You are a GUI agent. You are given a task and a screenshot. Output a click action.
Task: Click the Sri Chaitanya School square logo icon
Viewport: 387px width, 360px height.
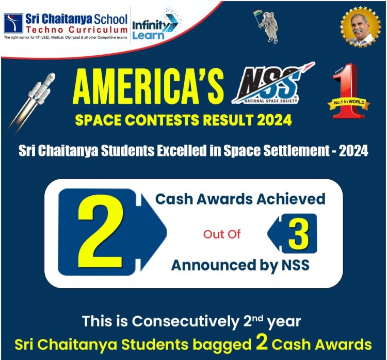tap(13, 23)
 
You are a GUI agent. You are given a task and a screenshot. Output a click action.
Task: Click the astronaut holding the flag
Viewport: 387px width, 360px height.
tap(267, 26)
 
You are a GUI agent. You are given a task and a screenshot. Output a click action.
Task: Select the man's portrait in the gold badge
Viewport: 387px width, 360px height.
tap(361, 27)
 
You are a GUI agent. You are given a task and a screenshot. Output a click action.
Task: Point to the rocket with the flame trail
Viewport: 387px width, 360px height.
tap(32, 103)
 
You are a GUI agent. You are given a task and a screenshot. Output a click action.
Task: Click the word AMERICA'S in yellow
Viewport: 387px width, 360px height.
tap(148, 86)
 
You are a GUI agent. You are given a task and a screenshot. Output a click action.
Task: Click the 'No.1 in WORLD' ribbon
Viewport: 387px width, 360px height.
tap(349, 103)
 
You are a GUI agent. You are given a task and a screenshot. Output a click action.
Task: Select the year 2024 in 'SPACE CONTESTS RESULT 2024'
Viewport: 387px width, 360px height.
tap(275, 120)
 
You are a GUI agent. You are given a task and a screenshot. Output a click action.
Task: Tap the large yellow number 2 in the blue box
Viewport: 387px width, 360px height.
tap(101, 231)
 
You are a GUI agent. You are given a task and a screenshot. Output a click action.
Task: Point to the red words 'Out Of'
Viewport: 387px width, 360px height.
tap(222, 234)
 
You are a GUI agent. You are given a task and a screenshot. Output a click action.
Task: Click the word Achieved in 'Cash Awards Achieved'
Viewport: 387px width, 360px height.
tap(291, 199)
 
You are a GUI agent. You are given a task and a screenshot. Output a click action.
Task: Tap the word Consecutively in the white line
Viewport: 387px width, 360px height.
tap(185, 321)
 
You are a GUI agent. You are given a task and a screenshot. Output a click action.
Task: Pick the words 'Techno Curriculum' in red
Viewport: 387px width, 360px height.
tap(76, 30)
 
